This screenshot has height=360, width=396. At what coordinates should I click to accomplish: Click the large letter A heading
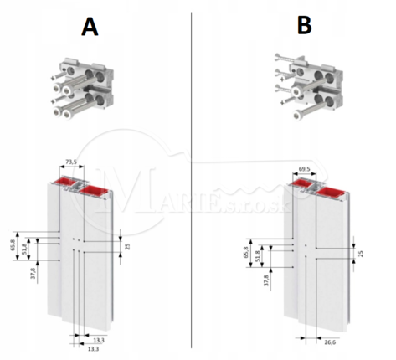pyautogui.click(x=90, y=27)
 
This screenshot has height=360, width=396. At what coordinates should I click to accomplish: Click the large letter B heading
pyautogui.click(x=304, y=26)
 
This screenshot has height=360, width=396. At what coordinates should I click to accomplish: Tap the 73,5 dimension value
pyautogui.click(x=71, y=162)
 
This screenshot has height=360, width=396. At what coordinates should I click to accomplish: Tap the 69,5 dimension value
pyautogui.click(x=304, y=169)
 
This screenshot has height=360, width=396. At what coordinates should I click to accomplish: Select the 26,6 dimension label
pyautogui.click(x=330, y=342)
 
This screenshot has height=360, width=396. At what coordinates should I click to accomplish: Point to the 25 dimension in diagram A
pyautogui.click(x=127, y=246)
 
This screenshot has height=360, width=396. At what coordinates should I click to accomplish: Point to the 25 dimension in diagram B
pyautogui.click(x=361, y=254)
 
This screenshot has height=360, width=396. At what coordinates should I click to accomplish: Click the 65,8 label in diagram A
pyautogui.click(x=12, y=246)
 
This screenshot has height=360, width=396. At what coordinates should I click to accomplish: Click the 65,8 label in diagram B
pyautogui.click(x=245, y=253)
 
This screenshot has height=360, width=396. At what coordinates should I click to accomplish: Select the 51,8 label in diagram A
pyautogui.click(x=24, y=249)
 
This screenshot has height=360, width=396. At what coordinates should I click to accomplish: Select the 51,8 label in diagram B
pyautogui.click(x=257, y=255)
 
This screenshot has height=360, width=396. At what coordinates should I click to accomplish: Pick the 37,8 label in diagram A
pyautogui.click(x=33, y=274)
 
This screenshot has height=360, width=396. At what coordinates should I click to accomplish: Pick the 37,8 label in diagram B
pyautogui.click(x=266, y=280)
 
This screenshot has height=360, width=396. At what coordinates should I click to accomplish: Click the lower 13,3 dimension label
pyautogui.click(x=93, y=349)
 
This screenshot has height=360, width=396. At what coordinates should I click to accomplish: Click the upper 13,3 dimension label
pyautogui.click(x=99, y=340)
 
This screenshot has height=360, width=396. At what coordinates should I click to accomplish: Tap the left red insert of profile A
pyautogui.click(x=69, y=182)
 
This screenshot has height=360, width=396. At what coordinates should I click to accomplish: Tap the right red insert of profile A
pyautogui.click(x=95, y=190)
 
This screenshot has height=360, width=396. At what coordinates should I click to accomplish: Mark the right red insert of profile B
pyautogui.click(x=332, y=193)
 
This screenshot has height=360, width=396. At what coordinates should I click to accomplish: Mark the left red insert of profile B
pyautogui.click(x=301, y=183)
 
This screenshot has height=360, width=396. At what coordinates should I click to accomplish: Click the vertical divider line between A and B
pyautogui.click(x=192, y=180)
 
